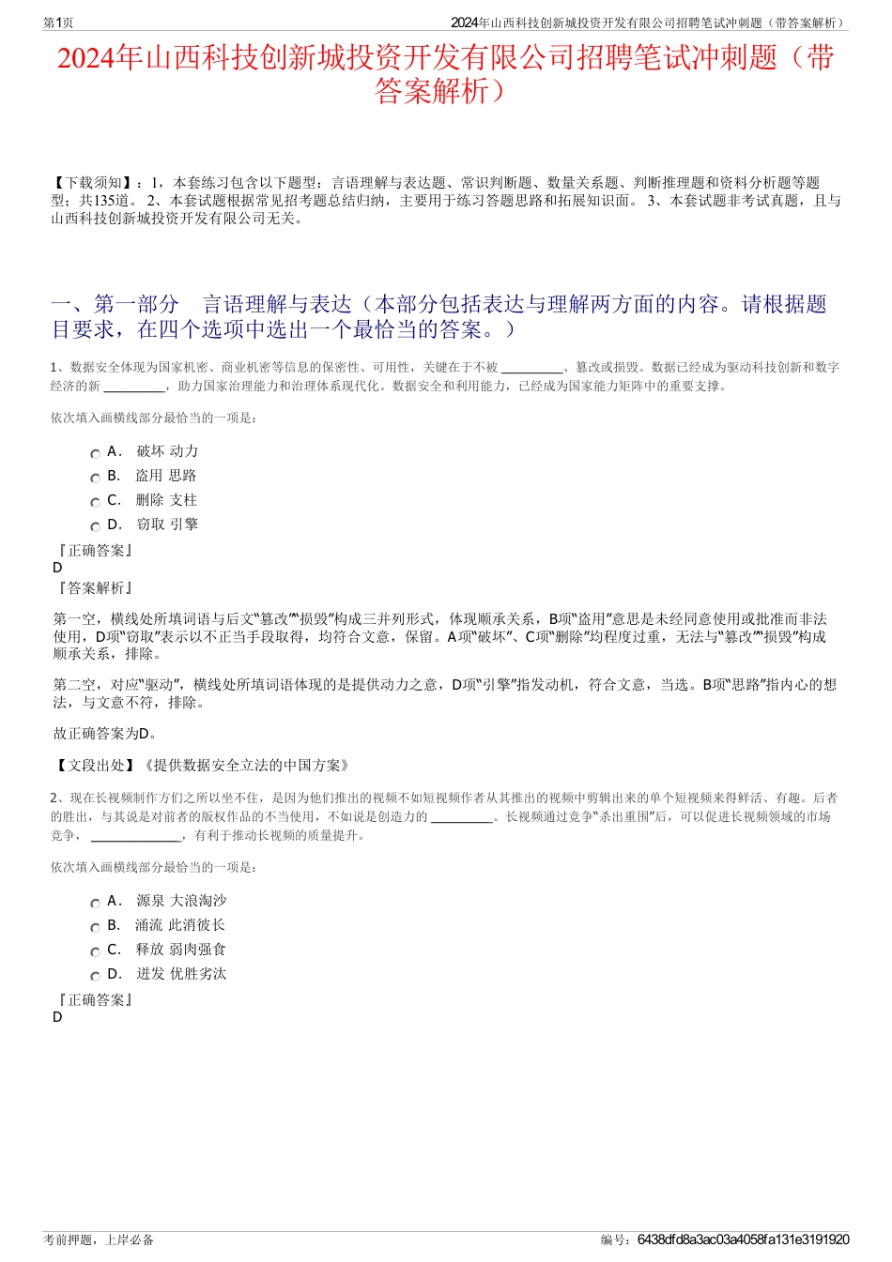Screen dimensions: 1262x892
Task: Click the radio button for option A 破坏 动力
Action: pyautogui.click(x=95, y=453)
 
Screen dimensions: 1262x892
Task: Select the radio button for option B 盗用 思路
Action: pyautogui.click(x=95, y=478)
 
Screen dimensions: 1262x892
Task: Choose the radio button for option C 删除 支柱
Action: pyautogui.click(x=95, y=502)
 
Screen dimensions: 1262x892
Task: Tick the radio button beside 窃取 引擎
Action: pyautogui.click(x=95, y=526)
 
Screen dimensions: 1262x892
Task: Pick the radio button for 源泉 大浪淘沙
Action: pyautogui.click(x=95, y=903)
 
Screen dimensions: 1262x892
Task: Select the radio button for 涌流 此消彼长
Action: pyautogui.click(x=95, y=927)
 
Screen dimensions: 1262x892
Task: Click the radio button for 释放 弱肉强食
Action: pyautogui.click(x=95, y=951)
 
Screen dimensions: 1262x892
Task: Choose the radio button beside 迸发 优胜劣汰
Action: pyautogui.click(x=95, y=976)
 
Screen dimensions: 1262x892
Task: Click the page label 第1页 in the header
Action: pyautogui.click(x=58, y=23)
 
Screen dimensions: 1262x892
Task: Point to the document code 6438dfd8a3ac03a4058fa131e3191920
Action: pyautogui.click(x=743, y=1239)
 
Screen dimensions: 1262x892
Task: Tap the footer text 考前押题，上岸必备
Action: pyautogui.click(x=99, y=1239)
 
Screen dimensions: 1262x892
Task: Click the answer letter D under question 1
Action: pyautogui.click(x=57, y=568)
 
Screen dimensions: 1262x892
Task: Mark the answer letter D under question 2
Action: pyautogui.click(x=57, y=1017)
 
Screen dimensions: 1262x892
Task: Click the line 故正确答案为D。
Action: pyautogui.click(x=105, y=734)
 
